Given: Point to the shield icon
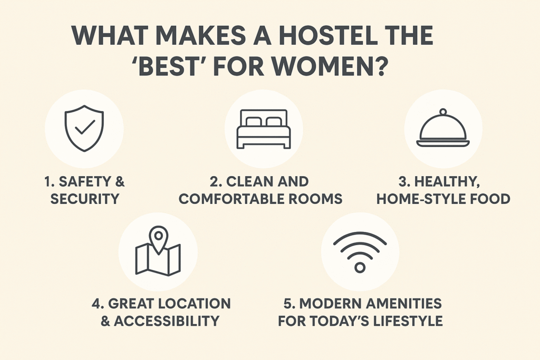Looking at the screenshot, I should pos(84,129).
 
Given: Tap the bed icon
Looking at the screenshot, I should pos(264,129).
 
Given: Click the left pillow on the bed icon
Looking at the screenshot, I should pos(254,122).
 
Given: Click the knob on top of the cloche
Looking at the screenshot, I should pos(443,112).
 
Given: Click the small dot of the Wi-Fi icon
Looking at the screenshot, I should pos(360,267).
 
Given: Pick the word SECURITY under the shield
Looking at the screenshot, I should pos(84,199).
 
